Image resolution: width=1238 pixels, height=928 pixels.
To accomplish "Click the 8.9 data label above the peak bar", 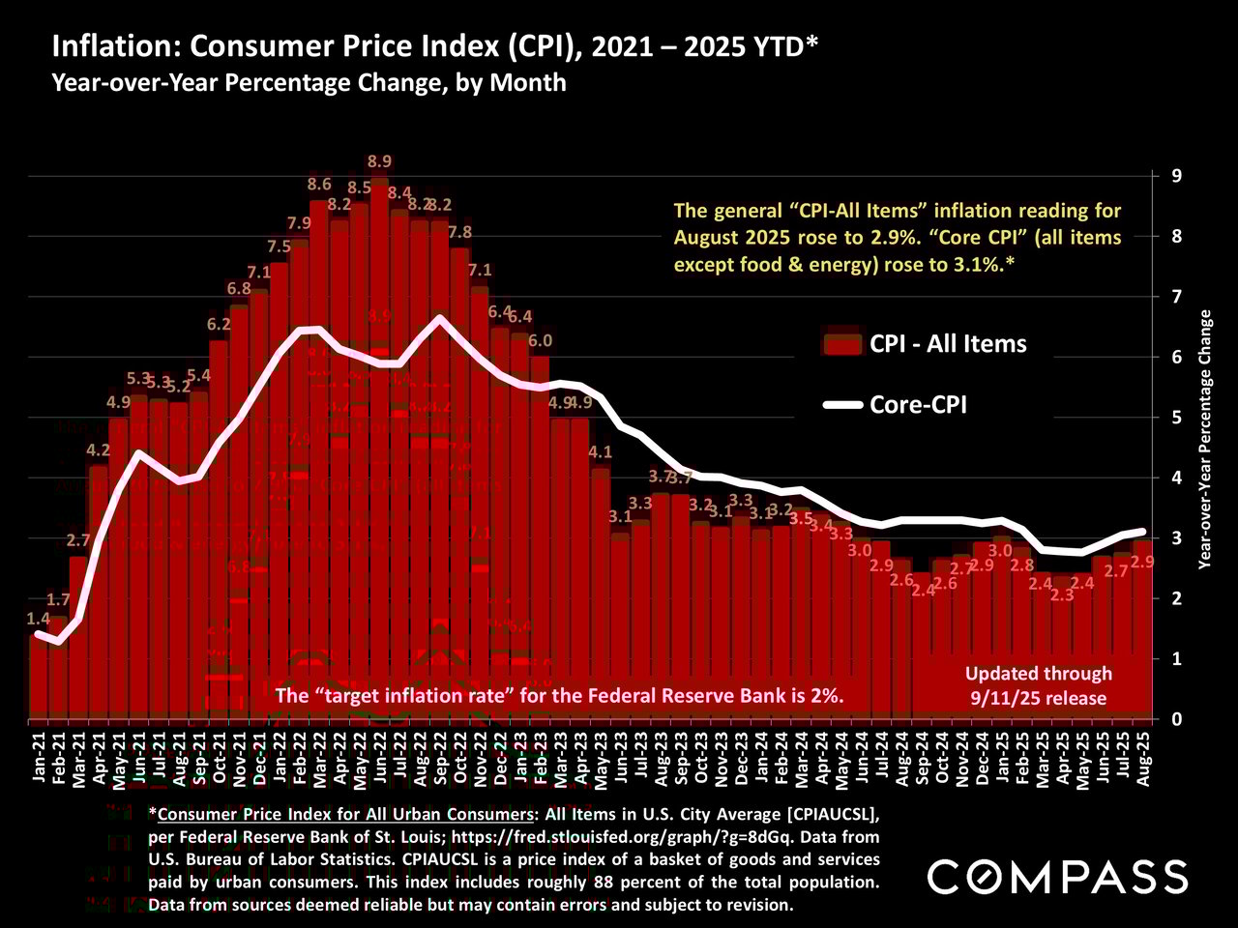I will pyautogui.click(x=380, y=161).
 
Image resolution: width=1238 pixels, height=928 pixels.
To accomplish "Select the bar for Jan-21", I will pyautogui.click(x=39, y=677).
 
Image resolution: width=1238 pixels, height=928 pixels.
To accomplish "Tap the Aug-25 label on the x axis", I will pyautogui.click(x=1143, y=760).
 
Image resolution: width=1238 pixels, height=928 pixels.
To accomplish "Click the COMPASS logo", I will pyautogui.click(x=1057, y=876).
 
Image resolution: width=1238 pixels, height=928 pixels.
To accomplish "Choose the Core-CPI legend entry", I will pyautogui.click(x=918, y=405).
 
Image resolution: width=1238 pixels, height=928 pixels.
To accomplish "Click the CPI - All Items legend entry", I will pyautogui.click(x=948, y=343).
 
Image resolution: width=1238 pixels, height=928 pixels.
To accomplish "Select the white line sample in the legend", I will pyautogui.click(x=841, y=405).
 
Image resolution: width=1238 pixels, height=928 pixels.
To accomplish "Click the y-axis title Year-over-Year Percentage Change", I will pyautogui.click(x=1204, y=438).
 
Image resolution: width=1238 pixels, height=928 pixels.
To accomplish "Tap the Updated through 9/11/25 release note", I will pyautogui.click(x=1039, y=685).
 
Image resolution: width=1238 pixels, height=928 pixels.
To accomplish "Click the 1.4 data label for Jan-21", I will pyautogui.click(x=39, y=618).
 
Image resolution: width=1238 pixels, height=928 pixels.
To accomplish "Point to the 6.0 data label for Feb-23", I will pyautogui.click(x=540, y=340).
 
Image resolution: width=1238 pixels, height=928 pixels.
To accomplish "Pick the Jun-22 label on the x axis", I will pyautogui.click(x=379, y=760).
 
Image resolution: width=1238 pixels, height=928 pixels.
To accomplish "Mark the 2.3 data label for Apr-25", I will pyautogui.click(x=1062, y=594).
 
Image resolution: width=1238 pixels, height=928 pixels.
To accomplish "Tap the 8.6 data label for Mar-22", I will pyautogui.click(x=319, y=184).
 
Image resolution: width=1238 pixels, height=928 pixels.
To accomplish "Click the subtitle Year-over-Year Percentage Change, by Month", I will pyautogui.click(x=309, y=82).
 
